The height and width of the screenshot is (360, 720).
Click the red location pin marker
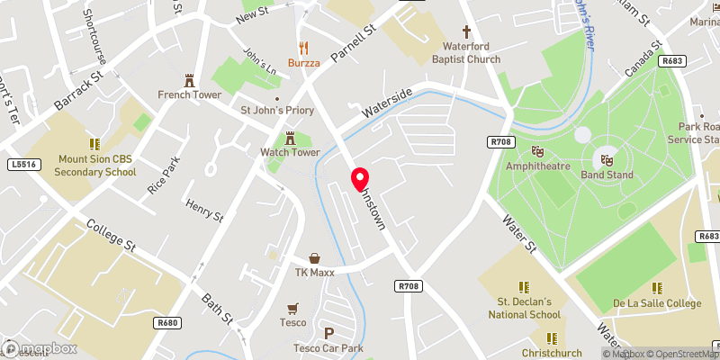point(360,179)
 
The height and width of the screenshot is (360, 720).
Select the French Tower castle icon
point(189,79)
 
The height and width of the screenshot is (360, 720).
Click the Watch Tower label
point(290,152)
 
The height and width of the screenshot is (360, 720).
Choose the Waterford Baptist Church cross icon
point(465,30)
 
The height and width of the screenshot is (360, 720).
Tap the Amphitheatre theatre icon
point(538,152)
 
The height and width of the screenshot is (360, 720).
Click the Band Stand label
point(607,175)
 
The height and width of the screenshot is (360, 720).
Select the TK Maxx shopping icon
point(314,258)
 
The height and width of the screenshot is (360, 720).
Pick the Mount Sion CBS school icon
point(94,143)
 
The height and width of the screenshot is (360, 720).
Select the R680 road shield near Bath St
point(166,322)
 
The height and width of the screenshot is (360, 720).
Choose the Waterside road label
point(387,103)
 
